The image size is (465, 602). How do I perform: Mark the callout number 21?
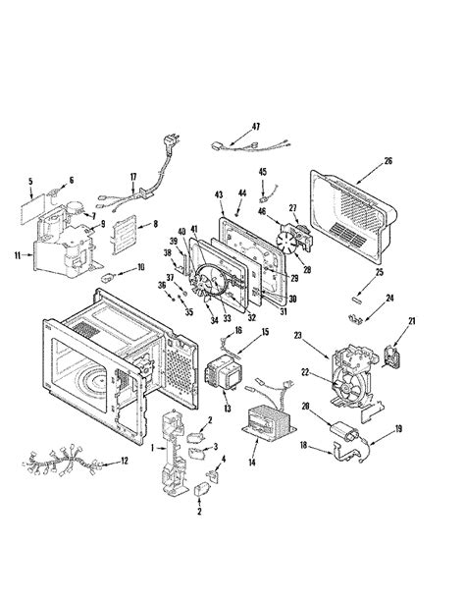pyautogui.click(x=412, y=320)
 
